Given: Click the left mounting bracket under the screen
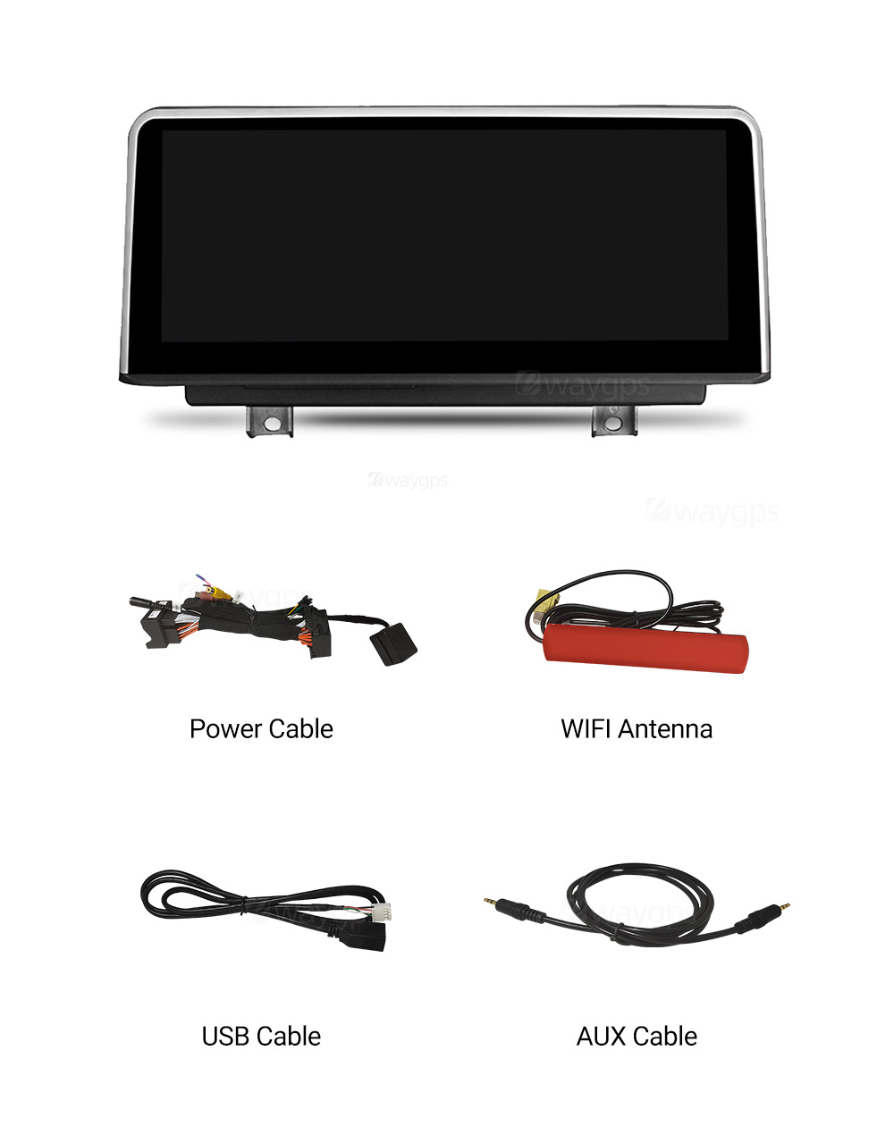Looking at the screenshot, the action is [x=269, y=421].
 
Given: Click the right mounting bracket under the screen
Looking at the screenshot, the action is [x=613, y=421].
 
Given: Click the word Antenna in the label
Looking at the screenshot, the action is [x=665, y=729].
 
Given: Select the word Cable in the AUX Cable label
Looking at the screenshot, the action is [x=665, y=1037].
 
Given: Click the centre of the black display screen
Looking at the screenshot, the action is [x=443, y=236].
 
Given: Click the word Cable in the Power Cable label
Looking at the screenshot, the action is [x=300, y=729].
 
